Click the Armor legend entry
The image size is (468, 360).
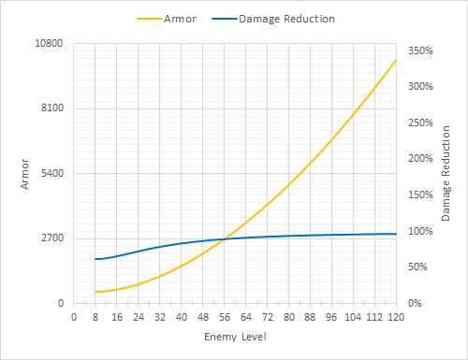[179, 18]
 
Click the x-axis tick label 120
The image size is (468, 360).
[396, 317]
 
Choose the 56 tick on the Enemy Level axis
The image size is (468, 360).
[224, 317]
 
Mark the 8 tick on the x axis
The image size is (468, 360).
[95, 317]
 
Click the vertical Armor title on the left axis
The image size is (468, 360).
[24, 174]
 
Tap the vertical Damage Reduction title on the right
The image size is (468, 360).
[446, 174]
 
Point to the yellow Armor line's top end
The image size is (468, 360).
[396, 60]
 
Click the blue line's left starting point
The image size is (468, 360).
[95, 259]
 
